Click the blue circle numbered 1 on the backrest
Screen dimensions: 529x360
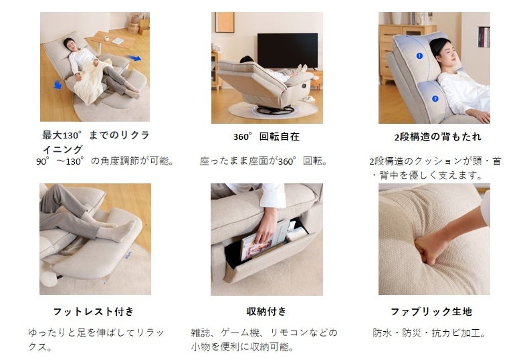[419, 56]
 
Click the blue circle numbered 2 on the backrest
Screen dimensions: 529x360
[435, 98]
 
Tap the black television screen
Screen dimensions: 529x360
[288, 51]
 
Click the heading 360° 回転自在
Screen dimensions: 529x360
[267, 137]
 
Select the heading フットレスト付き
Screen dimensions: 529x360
[94, 311]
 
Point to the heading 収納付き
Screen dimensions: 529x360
[267, 311]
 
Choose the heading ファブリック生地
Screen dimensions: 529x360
[431, 311]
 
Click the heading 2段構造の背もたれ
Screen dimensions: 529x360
[438, 137]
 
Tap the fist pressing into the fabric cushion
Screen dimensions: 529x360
[429, 248]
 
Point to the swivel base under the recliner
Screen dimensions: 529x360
[274, 110]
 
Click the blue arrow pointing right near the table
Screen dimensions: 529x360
[134, 58]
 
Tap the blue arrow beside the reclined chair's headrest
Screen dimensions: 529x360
[58, 85]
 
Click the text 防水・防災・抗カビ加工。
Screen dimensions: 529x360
[430, 333]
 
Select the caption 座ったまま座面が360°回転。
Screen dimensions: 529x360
[263, 161]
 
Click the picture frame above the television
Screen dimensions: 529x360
[225, 22]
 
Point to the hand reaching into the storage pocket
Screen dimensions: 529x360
[266, 226]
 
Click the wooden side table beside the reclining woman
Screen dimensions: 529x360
[113, 41]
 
